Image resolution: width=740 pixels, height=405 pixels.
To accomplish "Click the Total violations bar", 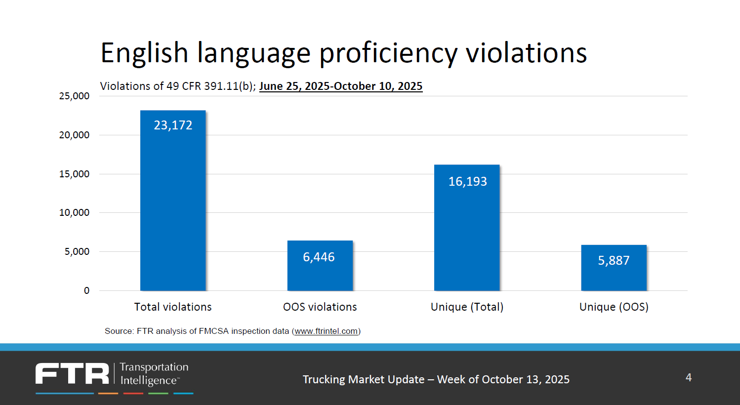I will pyautogui.click(x=173, y=207).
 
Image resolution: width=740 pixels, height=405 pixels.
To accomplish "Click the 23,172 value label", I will pyautogui.click(x=173, y=125).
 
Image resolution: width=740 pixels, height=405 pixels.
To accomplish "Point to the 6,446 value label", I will pyautogui.click(x=319, y=257).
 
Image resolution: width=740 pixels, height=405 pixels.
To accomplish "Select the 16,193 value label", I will pyautogui.click(x=467, y=182).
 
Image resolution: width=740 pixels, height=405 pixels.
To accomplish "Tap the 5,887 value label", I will pyautogui.click(x=614, y=261).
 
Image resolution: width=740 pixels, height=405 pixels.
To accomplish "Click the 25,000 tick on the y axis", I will pyautogui.click(x=74, y=96).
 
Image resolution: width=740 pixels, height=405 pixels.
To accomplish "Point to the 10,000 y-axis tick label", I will pyautogui.click(x=74, y=213).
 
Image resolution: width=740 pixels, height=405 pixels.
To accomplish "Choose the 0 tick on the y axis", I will pyautogui.click(x=86, y=291).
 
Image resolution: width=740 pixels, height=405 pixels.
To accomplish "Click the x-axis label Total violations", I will pyautogui.click(x=173, y=307).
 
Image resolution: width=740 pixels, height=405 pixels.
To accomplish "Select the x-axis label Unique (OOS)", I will pyautogui.click(x=614, y=307).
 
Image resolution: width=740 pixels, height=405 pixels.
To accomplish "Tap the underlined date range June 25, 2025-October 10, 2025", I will pyautogui.click(x=341, y=86).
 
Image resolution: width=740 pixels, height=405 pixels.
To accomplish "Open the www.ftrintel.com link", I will pyautogui.click(x=326, y=331).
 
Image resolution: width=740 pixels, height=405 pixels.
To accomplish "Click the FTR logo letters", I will pyautogui.click(x=72, y=373).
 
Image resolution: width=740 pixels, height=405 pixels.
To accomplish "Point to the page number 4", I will pyautogui.click(x=689, y=378).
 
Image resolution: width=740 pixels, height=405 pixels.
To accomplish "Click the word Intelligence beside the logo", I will pyautogui.click(x=149, y=381).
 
